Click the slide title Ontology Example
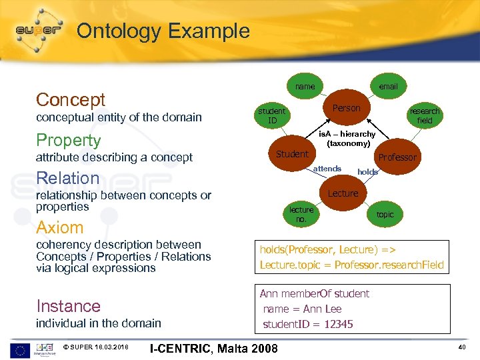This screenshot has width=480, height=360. (163, 31)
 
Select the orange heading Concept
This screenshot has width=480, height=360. (71, 100)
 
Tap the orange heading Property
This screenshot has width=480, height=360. (68, 141)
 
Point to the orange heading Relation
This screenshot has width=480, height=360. (67, 178)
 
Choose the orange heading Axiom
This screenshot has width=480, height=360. (60, 227)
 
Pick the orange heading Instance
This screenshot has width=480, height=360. (68, 306)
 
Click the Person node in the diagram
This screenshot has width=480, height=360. (346, 108)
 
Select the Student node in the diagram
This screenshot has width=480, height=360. (292, 154)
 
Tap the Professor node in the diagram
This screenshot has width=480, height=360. (397, 157)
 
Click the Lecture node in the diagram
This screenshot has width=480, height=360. (343, 193)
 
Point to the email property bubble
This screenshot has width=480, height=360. (388, 87)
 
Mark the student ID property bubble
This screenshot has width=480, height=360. (272, 115)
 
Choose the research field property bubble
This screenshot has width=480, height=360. (425, 115)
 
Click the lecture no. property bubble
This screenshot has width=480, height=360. (301, 214)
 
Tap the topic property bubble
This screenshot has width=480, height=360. (385, 215)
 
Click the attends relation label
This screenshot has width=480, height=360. (327, 169)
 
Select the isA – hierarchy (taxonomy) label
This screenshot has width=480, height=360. (347, 139)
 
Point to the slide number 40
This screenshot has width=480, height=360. (462, 347)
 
